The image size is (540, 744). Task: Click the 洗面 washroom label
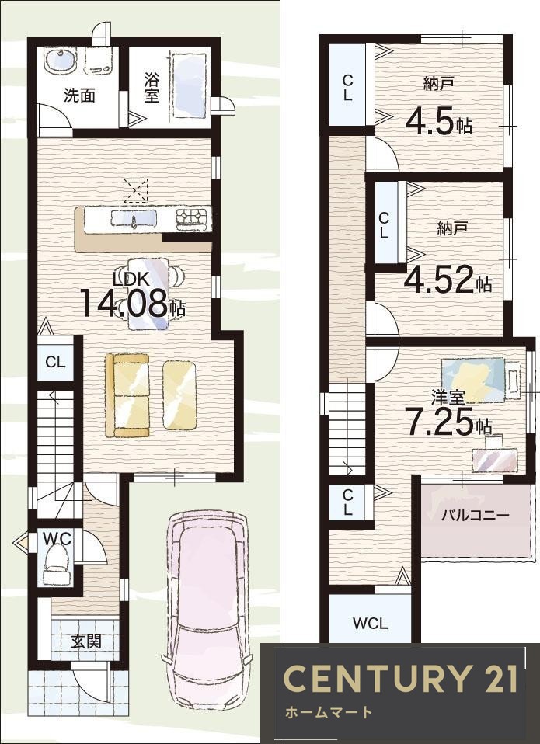[x=80, y=96]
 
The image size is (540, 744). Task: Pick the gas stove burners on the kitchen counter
[x=193, y=217]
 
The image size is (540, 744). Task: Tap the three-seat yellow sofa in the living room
[x=127, y=395]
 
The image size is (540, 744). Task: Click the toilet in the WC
[x=57, y=563]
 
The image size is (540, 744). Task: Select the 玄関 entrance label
[x=86, y=641]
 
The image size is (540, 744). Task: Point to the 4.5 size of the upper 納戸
[x=430, y=123]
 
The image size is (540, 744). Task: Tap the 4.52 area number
[x=440, y=280]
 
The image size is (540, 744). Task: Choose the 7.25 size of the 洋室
[x=440, y=422]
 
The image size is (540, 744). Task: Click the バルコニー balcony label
[x=475, y=515]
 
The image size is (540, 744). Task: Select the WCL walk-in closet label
[x=371, y=623]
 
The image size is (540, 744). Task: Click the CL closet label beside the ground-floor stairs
[x=55, y=363]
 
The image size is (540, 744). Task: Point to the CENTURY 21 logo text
[x=400, y=679]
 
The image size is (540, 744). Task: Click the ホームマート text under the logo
[x=329, y=712]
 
